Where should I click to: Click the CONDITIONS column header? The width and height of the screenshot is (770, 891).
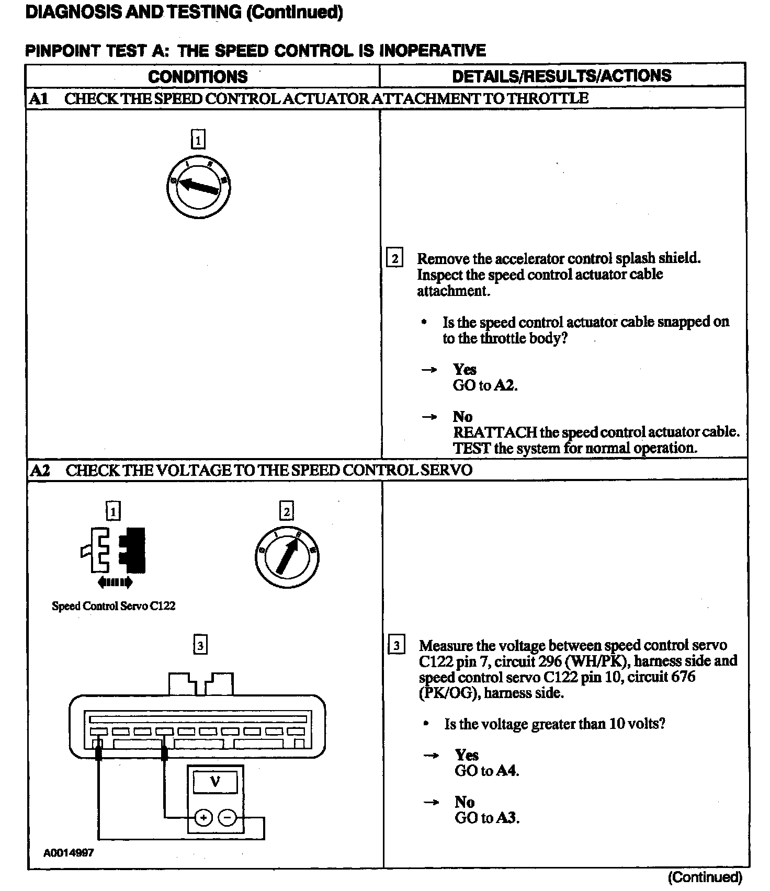[x=198, y=76]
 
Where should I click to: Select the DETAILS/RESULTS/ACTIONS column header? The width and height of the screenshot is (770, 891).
[x=561, y=76]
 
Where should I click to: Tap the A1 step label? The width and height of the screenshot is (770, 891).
[x=39, y=98]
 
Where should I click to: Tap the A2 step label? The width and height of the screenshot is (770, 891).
[x=40, y=470]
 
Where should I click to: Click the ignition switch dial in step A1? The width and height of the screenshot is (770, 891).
[x=199, y=187]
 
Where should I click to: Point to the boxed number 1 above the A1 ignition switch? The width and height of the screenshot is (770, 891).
[x=198, y=140]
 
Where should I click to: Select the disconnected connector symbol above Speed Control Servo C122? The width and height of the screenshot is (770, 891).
[x=114, y=550]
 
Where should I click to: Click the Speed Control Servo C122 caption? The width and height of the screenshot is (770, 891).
[x=114, y=606]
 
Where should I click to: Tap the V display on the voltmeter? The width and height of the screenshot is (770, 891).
[x=214, y=782]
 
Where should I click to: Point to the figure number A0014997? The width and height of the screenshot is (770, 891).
[x=69, y=853]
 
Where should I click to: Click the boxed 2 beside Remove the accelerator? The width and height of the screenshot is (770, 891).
[x=394, y=258]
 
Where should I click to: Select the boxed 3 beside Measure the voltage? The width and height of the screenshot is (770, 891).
[x=397, y=646]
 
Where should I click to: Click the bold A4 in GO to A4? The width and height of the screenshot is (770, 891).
[x=506, y=771]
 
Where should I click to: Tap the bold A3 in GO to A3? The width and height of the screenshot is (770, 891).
[x=506, y=818]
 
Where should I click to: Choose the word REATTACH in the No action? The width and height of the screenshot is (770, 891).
[x=494, y=432]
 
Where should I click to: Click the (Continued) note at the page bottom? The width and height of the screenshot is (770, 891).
[x=705, y=877]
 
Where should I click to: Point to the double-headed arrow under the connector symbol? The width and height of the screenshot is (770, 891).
[x=115, y=582]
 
